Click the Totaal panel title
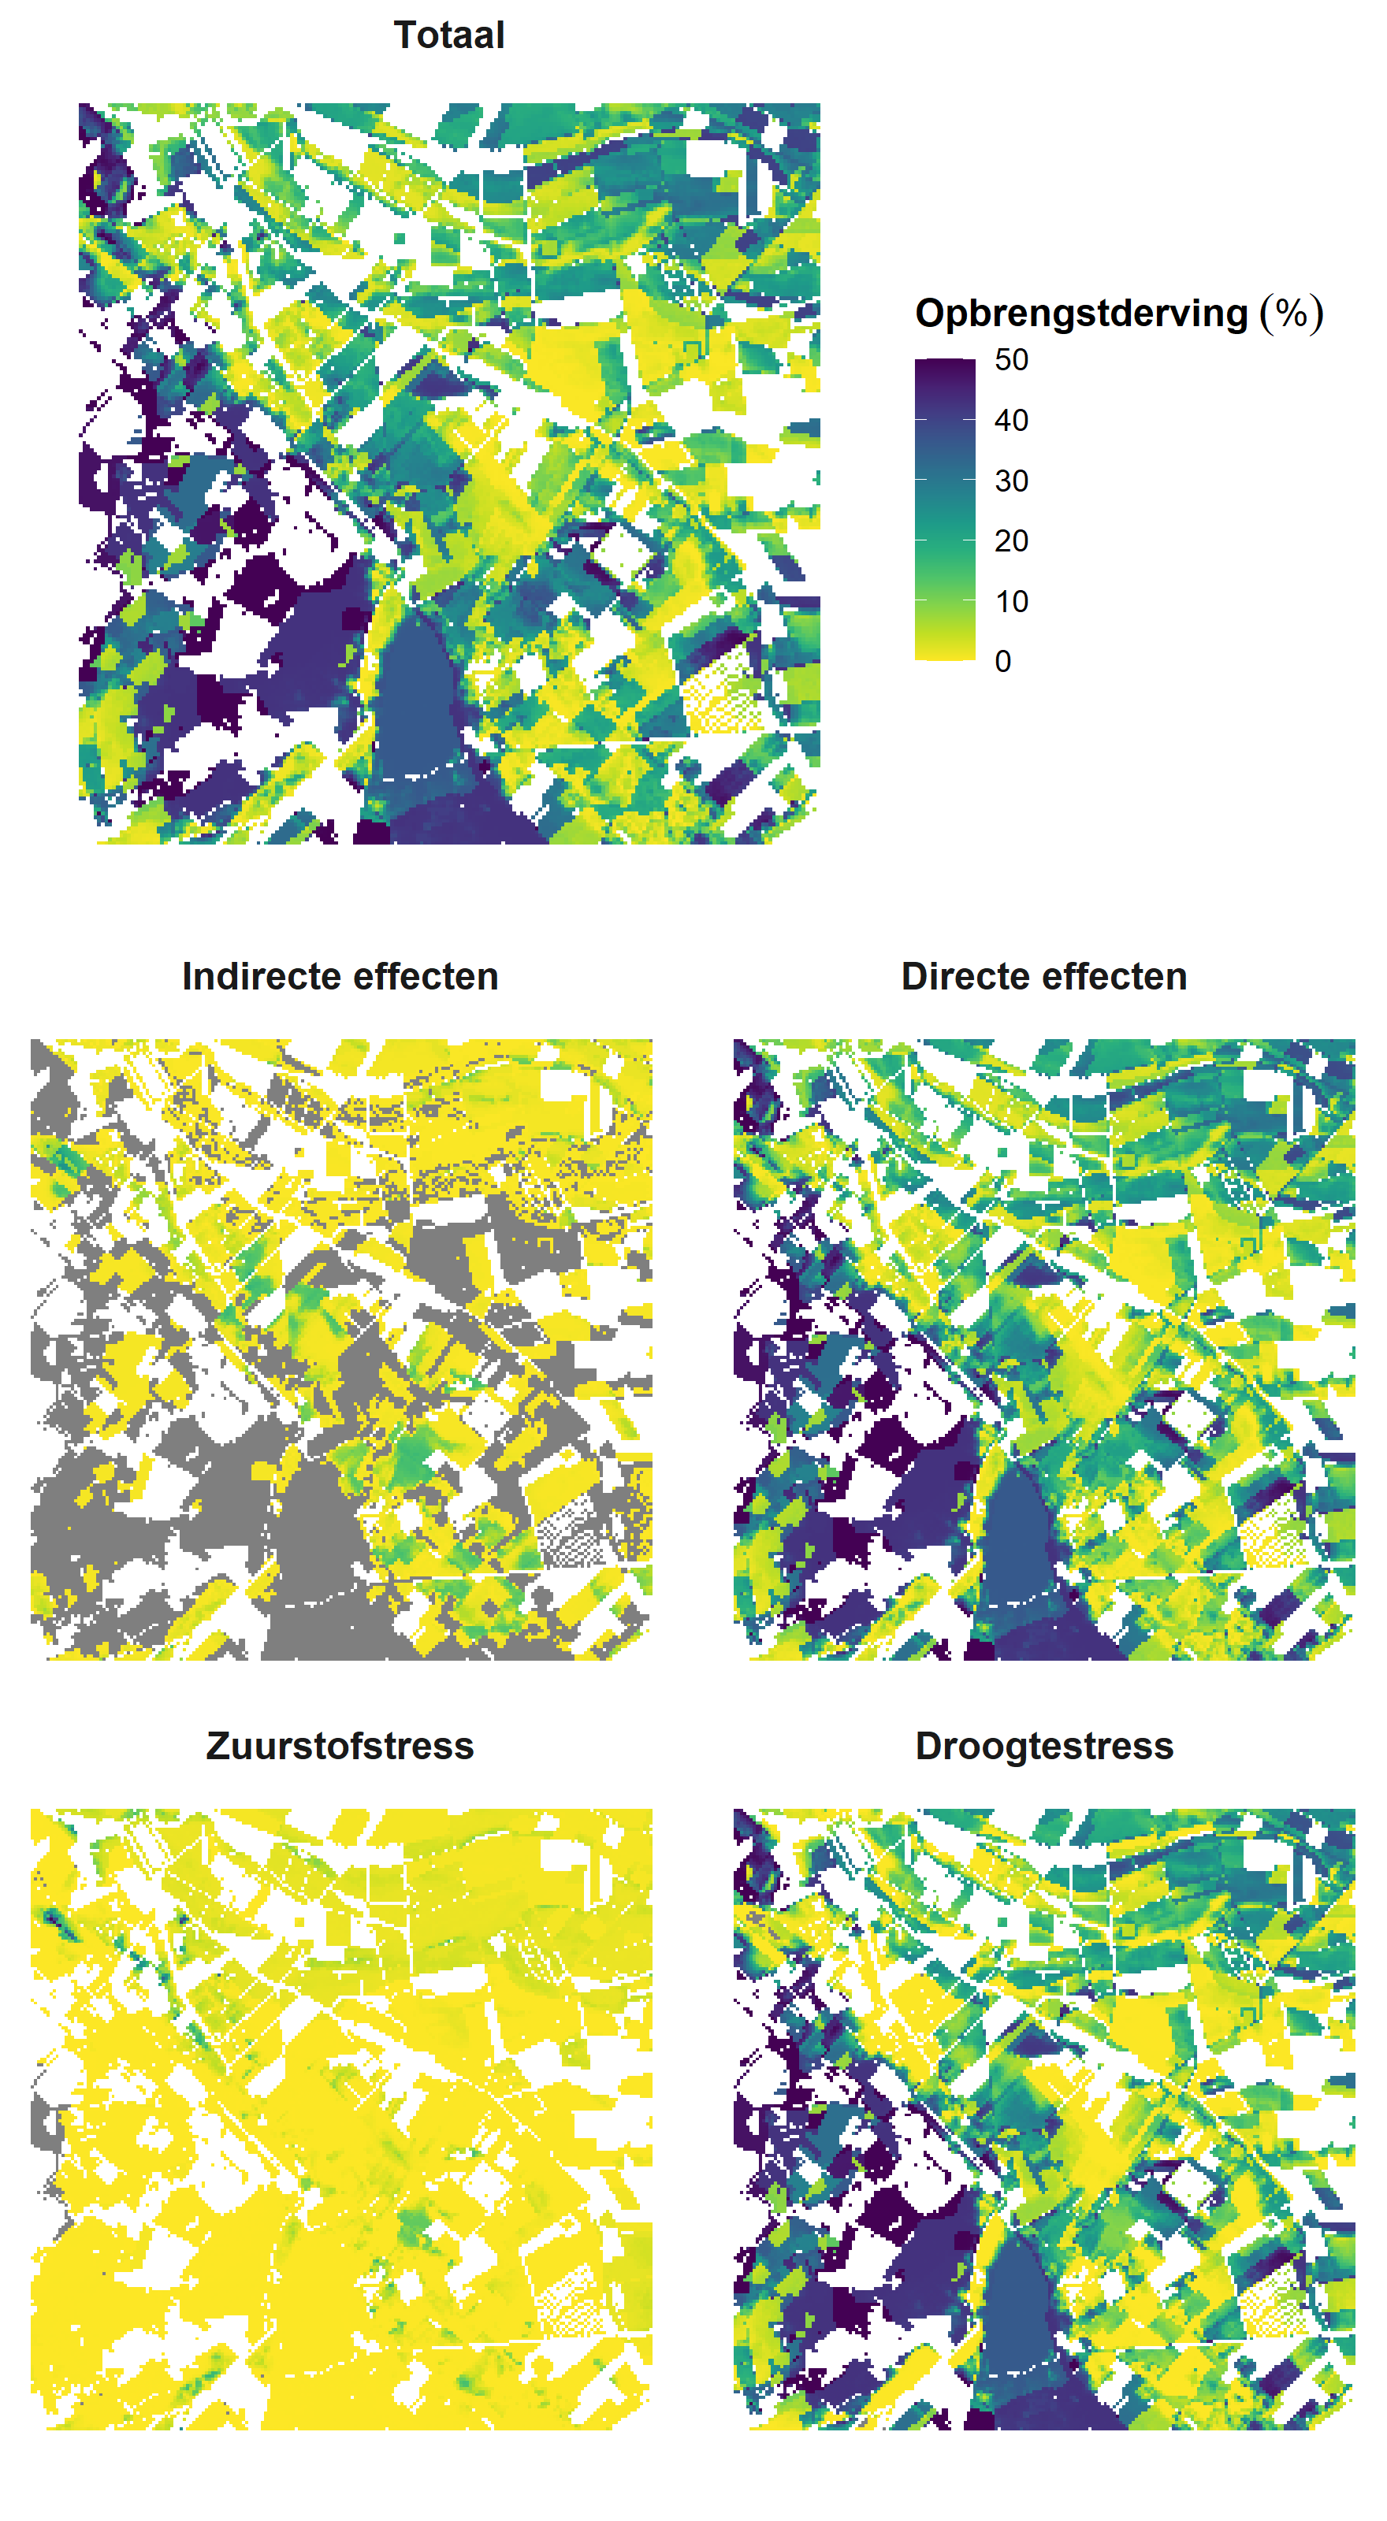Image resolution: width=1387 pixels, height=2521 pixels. pos(448,35)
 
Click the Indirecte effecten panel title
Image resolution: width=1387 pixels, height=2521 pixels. pos(340,976)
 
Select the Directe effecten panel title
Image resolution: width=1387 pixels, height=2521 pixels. pos(1043,976)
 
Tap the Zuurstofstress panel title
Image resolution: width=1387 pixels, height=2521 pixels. pos(340,1745)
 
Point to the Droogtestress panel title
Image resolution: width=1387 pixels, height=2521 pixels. pos(1043,1745)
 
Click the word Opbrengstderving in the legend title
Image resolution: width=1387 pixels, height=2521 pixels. pos(1080,314)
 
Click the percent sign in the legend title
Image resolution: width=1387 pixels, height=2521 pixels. pos(1291,314)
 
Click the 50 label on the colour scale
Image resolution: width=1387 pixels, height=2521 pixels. pos(1010,359)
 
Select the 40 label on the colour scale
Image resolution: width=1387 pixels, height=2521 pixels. pos(1010,420)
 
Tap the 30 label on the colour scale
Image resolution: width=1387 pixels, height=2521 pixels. pos(1010,481)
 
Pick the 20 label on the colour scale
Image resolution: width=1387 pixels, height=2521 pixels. pos(1010,540)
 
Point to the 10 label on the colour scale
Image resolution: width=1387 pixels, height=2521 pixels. pos(1010,601)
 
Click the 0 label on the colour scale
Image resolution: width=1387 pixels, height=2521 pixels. pos(1002,662)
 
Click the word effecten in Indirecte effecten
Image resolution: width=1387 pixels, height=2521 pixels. pos(421,976)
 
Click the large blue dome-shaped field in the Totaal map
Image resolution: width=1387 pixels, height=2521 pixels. pos(421,695)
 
